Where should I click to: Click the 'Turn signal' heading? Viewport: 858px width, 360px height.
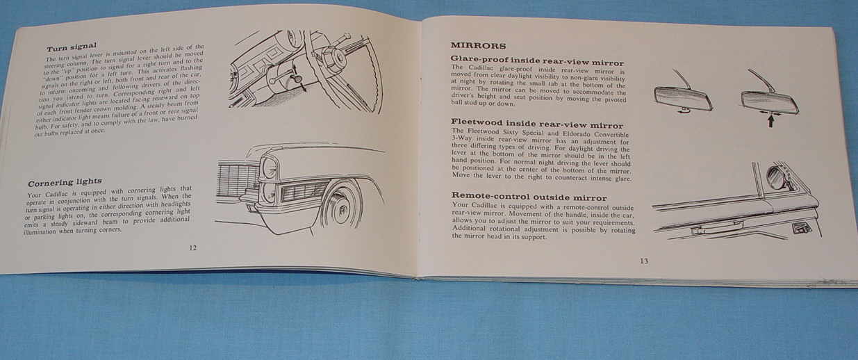click(x=72, y=47)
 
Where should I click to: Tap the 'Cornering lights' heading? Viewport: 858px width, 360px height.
click(x=65, y=182)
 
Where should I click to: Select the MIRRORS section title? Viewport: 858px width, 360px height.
click(x=478, y=46)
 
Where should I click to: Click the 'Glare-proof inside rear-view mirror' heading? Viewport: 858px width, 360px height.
click(x=537, y=60)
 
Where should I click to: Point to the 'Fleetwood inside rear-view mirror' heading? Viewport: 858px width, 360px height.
click(x=537, y=123)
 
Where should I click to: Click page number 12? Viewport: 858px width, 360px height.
click(x=192, y=248)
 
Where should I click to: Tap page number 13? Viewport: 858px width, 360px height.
click(x=644, y=261)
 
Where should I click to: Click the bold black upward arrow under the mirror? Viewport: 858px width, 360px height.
click(x=770, y=121)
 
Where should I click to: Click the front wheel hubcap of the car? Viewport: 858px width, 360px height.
click(x=340, y=210)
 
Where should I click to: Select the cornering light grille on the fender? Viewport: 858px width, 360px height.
click(x=304, y=190)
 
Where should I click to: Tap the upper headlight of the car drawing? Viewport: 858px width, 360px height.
click(x=270, y=168)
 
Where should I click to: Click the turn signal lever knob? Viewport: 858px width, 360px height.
click(x=297, y=79)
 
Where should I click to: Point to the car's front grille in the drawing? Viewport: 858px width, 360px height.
click(x=238, y=180)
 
